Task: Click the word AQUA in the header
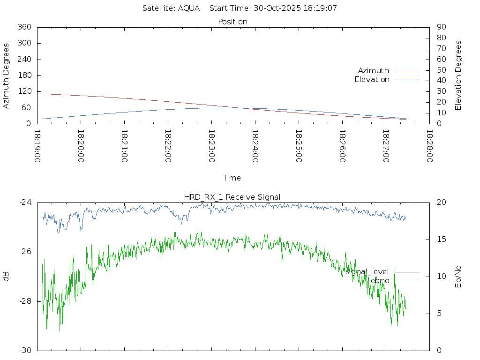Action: (x=189, y=8)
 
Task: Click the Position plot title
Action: (x=233, y=22)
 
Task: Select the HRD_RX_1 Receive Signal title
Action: (x=232, y=197)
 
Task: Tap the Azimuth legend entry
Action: (x=374, y=70)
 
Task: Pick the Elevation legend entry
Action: (x=372, y=80)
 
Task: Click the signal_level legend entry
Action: (x=367, y=271)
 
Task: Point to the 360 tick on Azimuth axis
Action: (x=24, y=27)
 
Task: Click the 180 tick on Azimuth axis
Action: (x=24, y=75)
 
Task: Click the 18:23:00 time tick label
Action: (x=211, y=146)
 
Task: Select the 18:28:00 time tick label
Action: (x=429, y=146)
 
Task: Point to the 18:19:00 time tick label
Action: (x=37, y=146)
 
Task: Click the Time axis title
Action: (x=232, y=178)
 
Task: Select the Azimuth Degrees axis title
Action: (x=6, y=75)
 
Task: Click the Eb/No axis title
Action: (x=458, y=276)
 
